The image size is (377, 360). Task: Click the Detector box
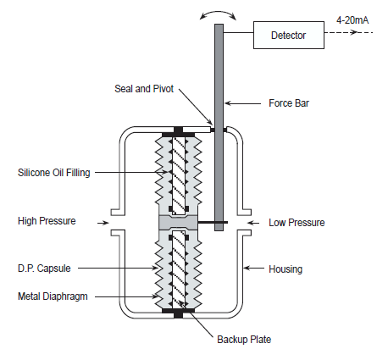tap(288, 36)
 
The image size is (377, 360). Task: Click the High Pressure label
tap(47, 221)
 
